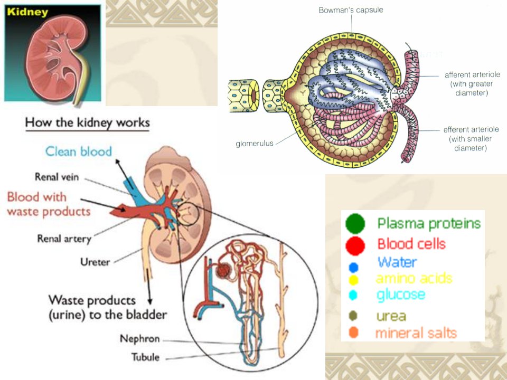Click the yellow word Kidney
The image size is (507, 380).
tap(27, 12)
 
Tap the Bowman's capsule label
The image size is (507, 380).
tap(351, 10)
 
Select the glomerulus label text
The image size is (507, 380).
tap(255, 143)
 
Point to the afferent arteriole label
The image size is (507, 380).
tap(472, 84)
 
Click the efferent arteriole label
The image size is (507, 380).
tap(471, 139)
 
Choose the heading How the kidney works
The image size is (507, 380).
tap(87, 123)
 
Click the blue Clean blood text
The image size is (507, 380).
tap(79, 151)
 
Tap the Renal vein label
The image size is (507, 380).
tap(57, 177)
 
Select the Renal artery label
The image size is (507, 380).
tap(64, 239)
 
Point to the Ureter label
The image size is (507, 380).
tap(95, 262)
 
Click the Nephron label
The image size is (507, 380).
tap(139, 339)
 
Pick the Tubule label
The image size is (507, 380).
tap(145, 357)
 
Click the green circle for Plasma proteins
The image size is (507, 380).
tap(355, 224)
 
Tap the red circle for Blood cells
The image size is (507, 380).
tap(355, 246)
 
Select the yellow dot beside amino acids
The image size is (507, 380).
tap(353, 280)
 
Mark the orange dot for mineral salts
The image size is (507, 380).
tap(353, 332)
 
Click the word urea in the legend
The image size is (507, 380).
tap(391, 316)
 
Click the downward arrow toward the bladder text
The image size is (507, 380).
tap(149, 287)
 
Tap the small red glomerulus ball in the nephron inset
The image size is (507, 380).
tap(223, 270)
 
